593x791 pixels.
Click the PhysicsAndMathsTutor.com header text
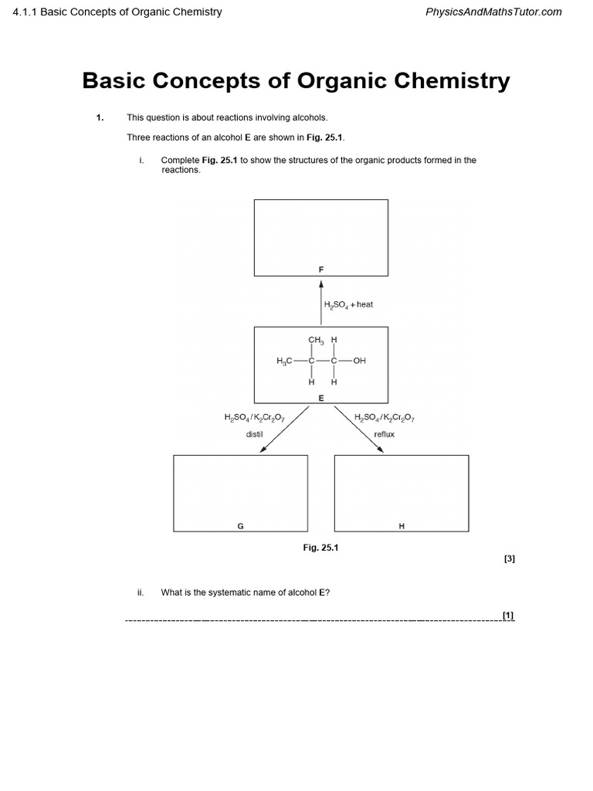493,12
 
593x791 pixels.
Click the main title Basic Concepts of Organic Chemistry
296,81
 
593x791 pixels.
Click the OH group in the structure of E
359,361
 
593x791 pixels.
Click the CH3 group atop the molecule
316,340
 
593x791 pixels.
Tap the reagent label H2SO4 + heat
348,304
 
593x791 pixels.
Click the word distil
255,434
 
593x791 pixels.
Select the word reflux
384,434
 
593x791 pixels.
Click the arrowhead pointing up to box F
321,284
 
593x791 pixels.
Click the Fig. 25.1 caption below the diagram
320,547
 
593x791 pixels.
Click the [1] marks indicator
508,615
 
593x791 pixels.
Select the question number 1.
100,117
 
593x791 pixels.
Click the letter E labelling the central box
321,398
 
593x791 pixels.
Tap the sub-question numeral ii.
141,592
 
